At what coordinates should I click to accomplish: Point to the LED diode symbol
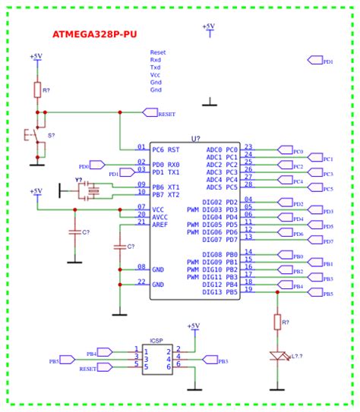[277, 356]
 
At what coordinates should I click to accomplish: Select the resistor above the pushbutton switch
[36, 90]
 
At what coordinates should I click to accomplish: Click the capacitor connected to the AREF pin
[118, 247]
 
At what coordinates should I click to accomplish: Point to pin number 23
[248, 147]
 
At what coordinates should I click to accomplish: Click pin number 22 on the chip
[141, 281]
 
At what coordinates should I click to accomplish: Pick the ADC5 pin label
[213, 187]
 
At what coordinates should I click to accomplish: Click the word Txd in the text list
[156, 68]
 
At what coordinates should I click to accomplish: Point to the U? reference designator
[195, 138]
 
